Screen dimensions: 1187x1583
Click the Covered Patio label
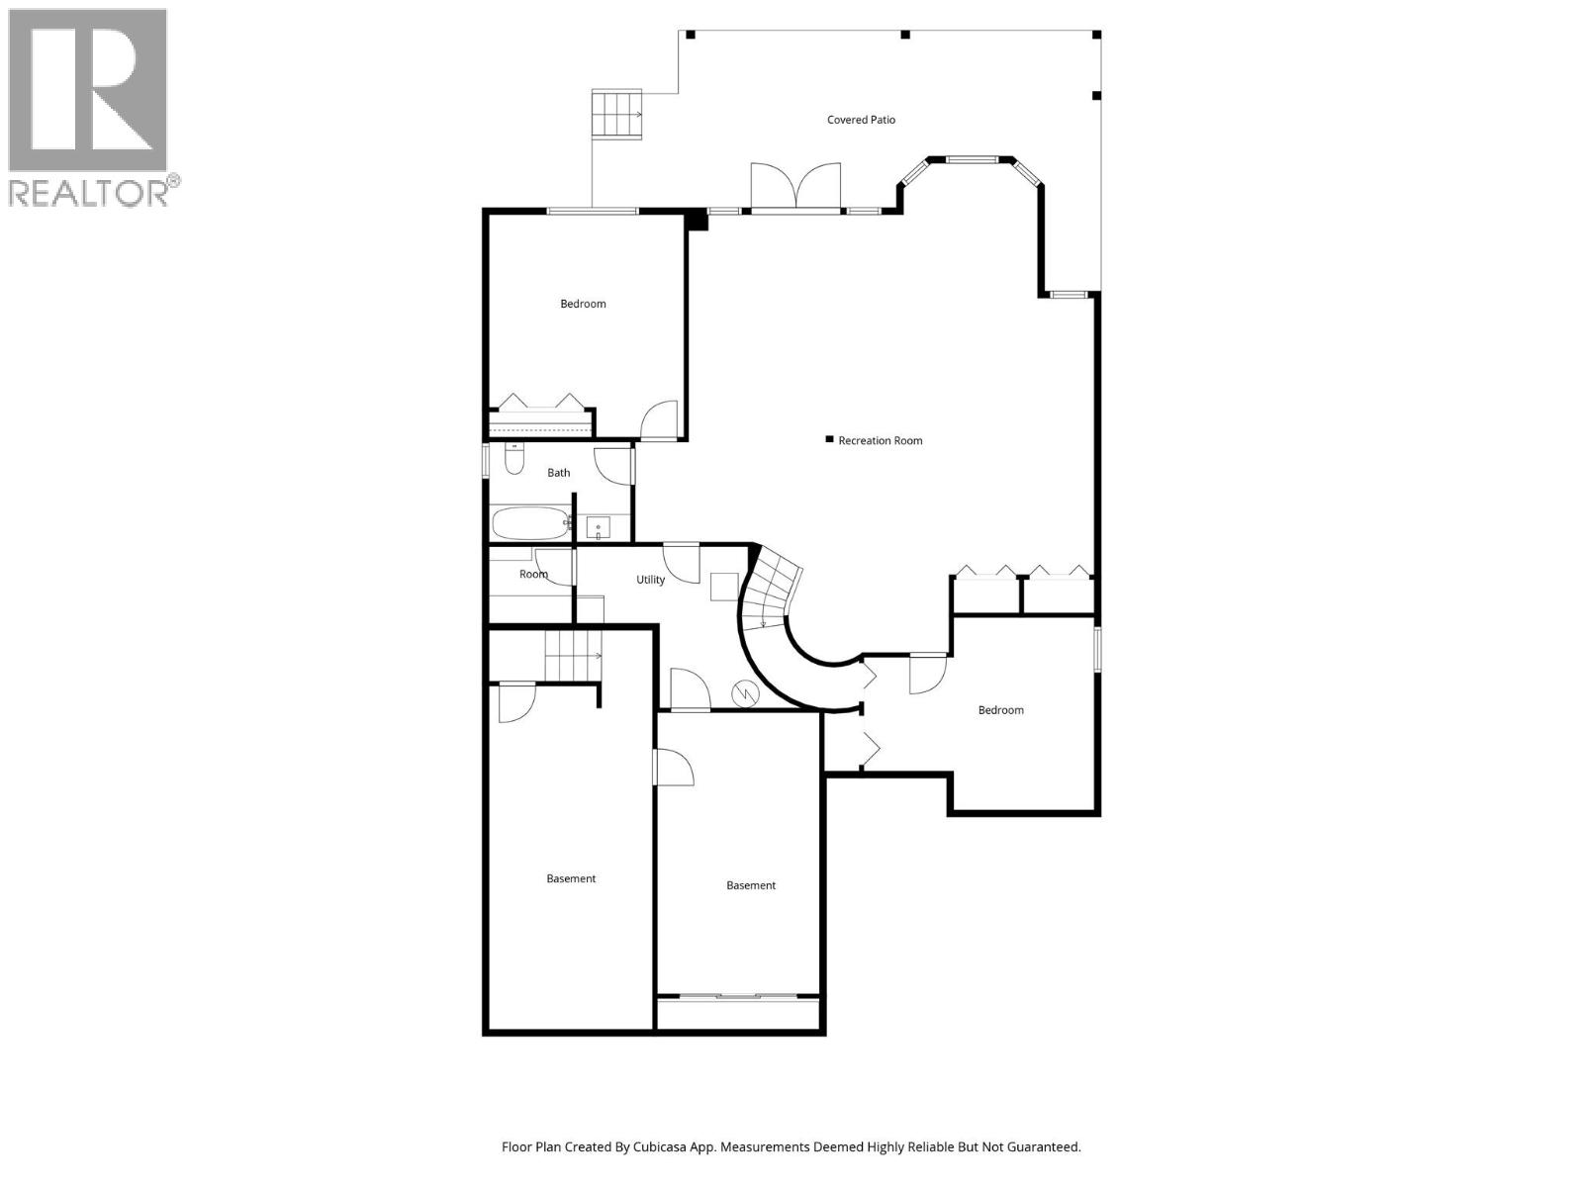(x=861, y=120)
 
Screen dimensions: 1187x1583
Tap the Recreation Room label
(x=880, y=441)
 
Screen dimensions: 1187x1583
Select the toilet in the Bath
(x=513, y=460)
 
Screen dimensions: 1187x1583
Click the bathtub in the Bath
(x=530, y=523)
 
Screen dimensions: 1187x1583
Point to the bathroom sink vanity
(x=598, y=528)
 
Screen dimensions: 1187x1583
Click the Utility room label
(x=650, y=580)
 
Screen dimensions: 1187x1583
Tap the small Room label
(x=533, y=574)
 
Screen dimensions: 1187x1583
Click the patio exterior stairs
(x=616, y=114)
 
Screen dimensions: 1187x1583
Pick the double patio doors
(x=795, y=188)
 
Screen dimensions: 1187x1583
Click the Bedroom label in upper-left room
(x=583, y=304)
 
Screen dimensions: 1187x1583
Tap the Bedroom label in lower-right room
(x=1000, y=710)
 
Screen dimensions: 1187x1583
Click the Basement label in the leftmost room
(x=571, y=878)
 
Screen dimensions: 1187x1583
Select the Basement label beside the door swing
(x=750, y=885)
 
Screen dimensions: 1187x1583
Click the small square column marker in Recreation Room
(x=829, y=440)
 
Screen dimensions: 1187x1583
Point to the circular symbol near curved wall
(x=743, y=694)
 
